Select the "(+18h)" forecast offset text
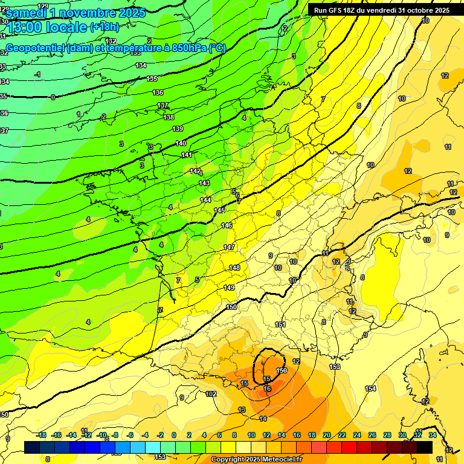point(105,27)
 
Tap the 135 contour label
point(152,79)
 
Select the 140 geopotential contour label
point(180,143)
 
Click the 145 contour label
point(219,210)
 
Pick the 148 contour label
point(234,268)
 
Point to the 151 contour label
point(280,324)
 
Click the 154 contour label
point(370,388)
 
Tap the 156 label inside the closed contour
point(281,370)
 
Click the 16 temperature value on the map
point(268,389)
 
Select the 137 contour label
point(163,106)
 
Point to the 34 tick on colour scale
point(432,435)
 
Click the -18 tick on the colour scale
point(42,435)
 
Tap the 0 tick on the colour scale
point(174,435)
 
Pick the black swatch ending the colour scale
point(425,447)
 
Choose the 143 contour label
point(204,183)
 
